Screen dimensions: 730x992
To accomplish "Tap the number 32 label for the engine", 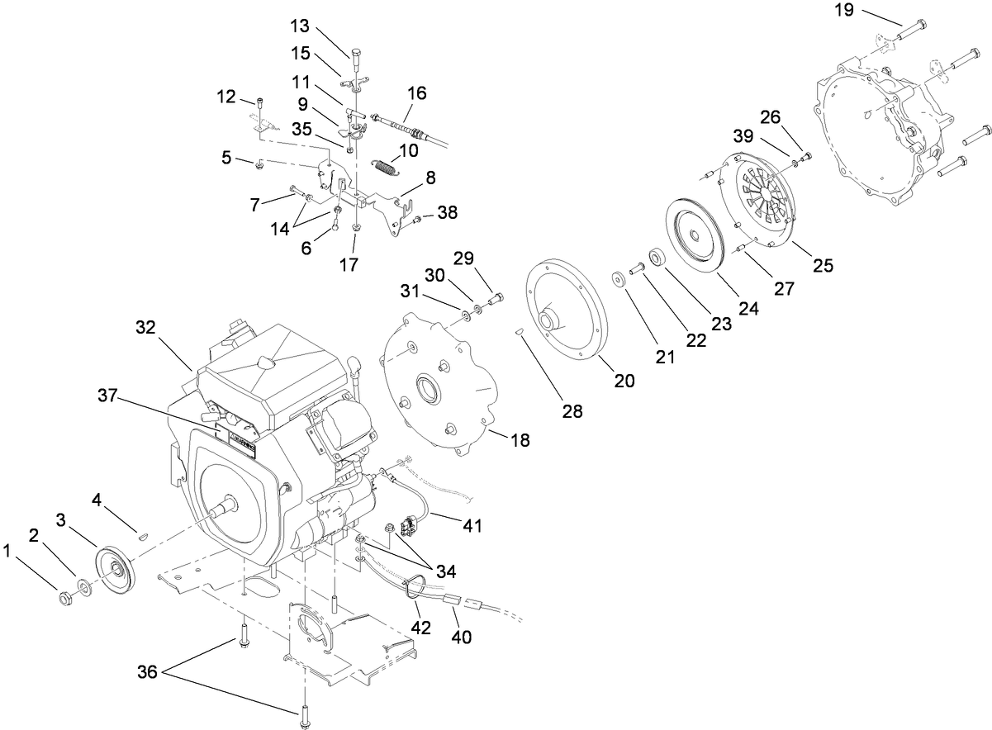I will tap(147, 328).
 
